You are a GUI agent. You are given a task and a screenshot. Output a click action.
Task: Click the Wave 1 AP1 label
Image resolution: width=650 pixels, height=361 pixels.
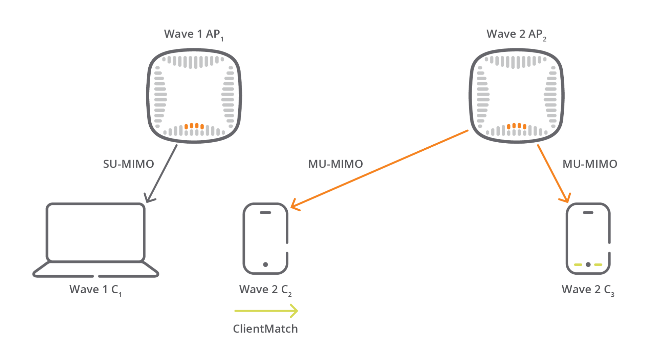(x=193, y=35)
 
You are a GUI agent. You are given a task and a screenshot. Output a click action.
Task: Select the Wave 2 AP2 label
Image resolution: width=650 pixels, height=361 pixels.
(x=516, y=35)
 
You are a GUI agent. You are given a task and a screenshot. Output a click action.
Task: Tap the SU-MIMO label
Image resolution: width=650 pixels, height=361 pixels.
(x=128, y=164)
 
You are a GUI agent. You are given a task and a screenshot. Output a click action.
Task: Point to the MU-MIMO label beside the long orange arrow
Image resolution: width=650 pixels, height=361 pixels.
(x=335, y=164)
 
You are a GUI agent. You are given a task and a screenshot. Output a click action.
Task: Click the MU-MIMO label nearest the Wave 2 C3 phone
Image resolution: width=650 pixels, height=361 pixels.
(x=590, y=164)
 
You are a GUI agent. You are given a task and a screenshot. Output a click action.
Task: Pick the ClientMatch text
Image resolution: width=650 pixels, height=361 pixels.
(x=265, y=329)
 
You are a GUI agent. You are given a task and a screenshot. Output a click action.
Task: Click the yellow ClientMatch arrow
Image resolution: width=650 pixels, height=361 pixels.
(x=266, y=311)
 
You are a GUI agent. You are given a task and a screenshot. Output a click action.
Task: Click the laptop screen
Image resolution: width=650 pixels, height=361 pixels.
(x=95, y=232)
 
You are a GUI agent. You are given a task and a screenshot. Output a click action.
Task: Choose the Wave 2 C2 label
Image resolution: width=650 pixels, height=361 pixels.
(x=265, y=290)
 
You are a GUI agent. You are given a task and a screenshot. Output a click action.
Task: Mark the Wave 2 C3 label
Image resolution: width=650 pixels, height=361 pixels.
(x=588, y=290)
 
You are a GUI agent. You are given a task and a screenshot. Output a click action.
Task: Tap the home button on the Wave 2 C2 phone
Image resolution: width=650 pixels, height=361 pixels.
(x=265, y=264)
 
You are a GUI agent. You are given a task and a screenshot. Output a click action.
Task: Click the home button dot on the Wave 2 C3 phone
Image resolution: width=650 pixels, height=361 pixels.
(x=588, y=264)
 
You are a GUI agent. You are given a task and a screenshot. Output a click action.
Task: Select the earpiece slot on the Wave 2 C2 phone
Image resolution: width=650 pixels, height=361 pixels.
(x=265, y=213)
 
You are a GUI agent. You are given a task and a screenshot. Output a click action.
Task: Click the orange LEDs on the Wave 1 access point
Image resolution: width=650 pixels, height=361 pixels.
(x=194, y=126)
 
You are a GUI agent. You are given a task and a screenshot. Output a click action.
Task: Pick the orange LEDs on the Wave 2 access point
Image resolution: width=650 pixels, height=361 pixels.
(x=517, y=126)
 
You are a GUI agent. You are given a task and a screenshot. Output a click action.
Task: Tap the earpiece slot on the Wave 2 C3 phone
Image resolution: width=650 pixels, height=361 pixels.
(x=588, y=213)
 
